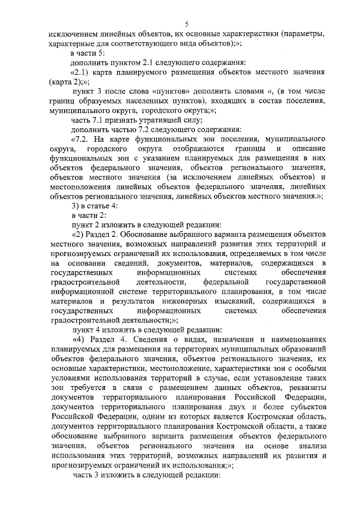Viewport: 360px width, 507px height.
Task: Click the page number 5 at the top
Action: coord(187,24)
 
